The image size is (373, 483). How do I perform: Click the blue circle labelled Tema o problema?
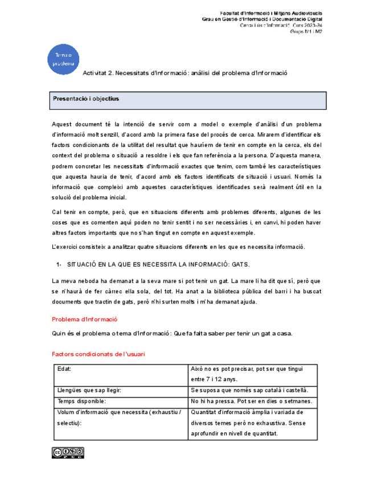coord(63,59)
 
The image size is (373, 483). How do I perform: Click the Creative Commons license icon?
coord(68,452)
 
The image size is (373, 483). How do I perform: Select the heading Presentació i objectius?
coord(86,99)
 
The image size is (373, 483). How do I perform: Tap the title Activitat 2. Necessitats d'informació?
coord(185,73)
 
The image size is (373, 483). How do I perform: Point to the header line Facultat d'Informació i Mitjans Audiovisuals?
coord(271,13)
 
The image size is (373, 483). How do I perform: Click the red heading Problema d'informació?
coord(84,319)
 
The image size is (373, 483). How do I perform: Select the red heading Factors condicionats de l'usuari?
coord(98,354)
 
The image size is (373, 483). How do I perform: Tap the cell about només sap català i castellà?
coord(252,390)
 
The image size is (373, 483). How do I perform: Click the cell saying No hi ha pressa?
coord(252,401)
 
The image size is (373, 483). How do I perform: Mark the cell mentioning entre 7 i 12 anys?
coord(252,374)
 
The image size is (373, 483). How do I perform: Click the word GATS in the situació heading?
coord(241,265)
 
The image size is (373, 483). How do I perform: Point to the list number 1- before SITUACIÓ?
coord(59,265)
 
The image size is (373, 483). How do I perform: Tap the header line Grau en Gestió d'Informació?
coord(263,19)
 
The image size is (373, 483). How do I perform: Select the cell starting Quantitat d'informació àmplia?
coord(252,423)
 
